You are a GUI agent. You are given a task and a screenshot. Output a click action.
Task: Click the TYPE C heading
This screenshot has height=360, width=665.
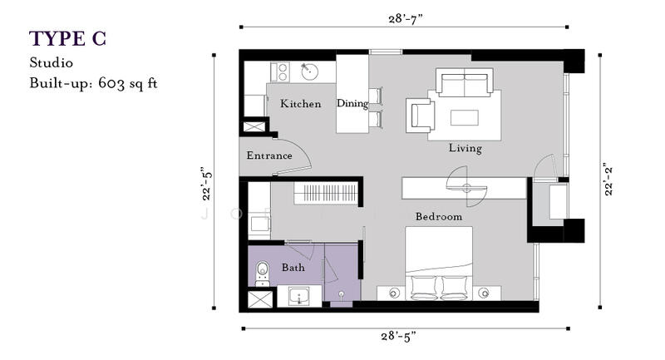pos(67,38)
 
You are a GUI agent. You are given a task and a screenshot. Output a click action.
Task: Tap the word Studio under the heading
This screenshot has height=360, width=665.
pos(51,62)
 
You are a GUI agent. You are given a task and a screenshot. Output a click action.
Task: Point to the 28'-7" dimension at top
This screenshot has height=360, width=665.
pos(406,18)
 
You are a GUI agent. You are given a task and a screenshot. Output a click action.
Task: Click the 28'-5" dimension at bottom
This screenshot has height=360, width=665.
pos(398,336)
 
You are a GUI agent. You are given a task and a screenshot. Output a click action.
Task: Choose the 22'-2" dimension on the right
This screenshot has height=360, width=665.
pos(608,180)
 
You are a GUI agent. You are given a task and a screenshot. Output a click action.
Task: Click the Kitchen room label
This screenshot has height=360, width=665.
pos(300,103)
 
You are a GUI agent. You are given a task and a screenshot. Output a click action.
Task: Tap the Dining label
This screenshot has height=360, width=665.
pos(352,103)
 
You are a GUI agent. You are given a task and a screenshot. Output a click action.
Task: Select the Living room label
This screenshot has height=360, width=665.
pos(465,148)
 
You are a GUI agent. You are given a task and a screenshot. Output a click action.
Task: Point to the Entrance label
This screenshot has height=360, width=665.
pos(269,155)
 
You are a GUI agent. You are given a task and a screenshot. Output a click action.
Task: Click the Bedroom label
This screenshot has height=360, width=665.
pos(439,217)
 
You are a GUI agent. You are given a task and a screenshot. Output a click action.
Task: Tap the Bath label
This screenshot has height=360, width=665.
pos(293,268)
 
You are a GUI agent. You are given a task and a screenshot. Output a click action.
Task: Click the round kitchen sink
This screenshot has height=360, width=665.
pos(310,72)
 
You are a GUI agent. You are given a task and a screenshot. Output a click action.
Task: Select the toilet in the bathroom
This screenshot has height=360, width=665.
pos(263,274)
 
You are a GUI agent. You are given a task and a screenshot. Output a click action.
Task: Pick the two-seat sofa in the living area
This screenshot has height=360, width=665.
pos(465,81)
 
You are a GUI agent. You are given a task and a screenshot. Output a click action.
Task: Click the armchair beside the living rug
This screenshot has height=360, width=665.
pos(421,115)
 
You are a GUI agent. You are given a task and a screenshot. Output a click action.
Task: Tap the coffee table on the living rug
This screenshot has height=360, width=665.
pos(465,117)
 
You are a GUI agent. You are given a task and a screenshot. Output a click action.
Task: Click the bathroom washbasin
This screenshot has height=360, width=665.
pos(299,296)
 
